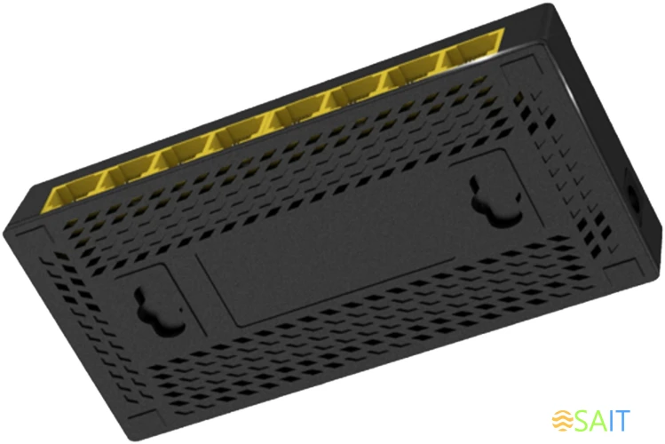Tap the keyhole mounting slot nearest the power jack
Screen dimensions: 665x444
pyautogui.click(x=495, y=203)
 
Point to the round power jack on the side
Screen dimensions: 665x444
pyautogui.click(x=636, y=198)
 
